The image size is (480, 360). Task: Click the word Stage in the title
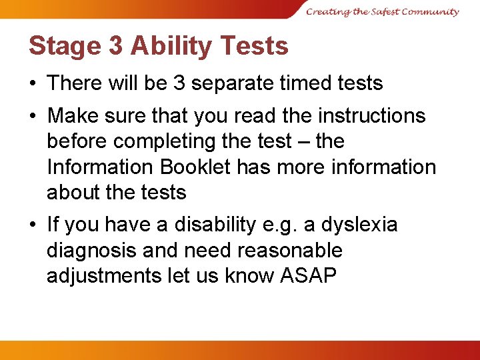click(63, 46)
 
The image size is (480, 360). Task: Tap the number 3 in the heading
click(115, 46)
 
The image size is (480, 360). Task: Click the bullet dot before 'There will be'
click(33, 84)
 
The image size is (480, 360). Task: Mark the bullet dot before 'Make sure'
click(33, 116)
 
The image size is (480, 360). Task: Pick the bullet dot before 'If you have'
click(33, 225)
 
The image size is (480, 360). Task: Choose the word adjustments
click(104, 276)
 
